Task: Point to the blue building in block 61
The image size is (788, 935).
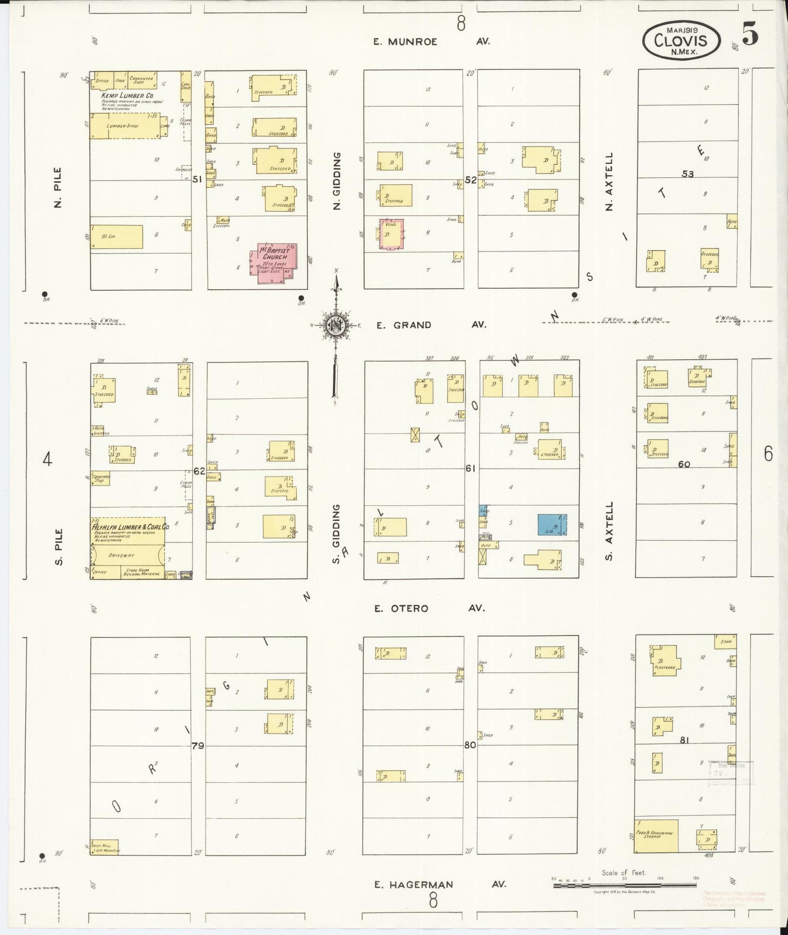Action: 551,524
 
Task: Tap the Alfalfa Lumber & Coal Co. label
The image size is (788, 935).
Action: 130,527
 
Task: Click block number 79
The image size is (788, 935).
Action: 197,745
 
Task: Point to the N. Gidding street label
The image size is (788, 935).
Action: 336,181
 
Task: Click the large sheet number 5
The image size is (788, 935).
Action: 750,36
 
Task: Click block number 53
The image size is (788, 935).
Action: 687,173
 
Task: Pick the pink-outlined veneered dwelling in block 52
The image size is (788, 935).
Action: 392,235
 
